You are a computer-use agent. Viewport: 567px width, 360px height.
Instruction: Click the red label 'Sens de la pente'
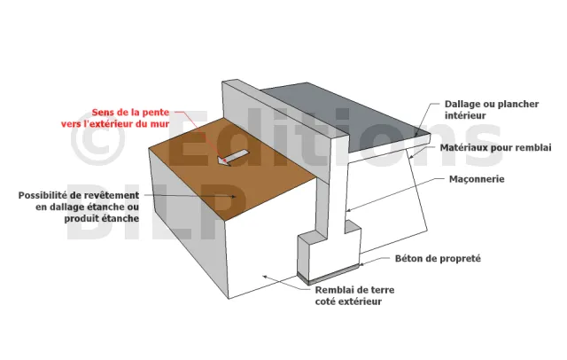[x=130, y=112]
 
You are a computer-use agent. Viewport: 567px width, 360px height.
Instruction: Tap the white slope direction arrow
[x=233, y=158]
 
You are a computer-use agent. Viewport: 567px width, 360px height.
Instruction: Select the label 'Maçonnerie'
[x=477, y=179]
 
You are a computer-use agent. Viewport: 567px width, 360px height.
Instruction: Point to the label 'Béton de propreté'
[x=438, y=259]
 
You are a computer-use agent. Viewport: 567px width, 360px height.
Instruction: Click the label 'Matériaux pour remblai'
[x=496, y=147]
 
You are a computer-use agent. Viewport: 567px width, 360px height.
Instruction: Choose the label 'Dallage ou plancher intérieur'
[x=492, y=110]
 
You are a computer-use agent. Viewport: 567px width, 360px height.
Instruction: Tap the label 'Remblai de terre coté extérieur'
[x=354, y=295]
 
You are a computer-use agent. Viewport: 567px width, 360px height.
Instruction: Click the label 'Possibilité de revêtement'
[x=79, y=195]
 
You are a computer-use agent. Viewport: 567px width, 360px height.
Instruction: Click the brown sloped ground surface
[x=231, y=170]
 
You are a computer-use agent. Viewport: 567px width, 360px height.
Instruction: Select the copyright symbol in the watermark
[x=97, y=138]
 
